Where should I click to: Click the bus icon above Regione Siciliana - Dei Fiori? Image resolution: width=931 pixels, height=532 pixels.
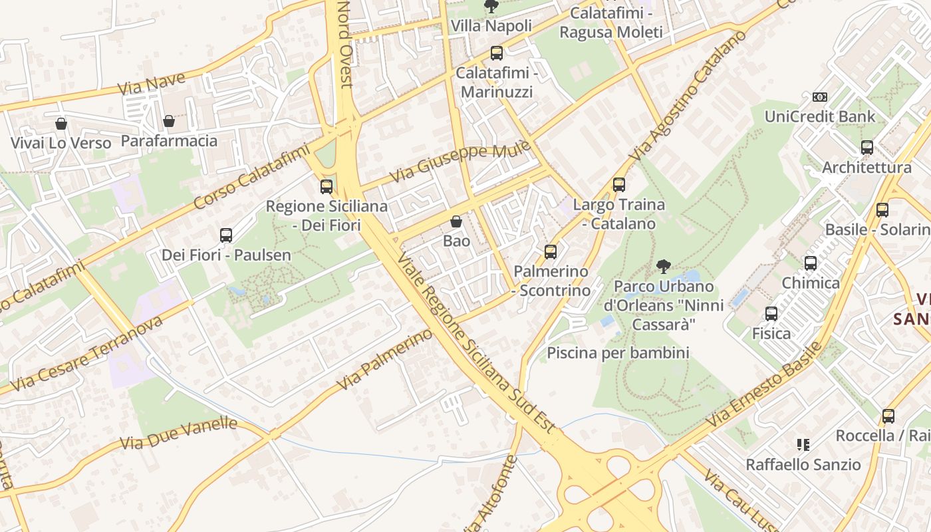point(326,187)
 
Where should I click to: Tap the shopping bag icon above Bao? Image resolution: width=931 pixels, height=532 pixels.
point(456,221)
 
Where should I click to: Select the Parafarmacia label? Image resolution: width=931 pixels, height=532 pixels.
point(169,141)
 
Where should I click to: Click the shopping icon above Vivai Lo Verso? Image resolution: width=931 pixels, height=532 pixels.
point(61,124)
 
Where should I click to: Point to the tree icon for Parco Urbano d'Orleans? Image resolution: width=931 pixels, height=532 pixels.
point(663,267)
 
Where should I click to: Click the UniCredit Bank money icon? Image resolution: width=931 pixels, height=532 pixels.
point(819,97)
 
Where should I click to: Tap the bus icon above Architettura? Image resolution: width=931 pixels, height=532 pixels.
point(866,148)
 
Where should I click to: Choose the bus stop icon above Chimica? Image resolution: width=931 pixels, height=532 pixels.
point(810,263)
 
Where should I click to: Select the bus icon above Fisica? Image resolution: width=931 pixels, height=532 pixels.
point(771,314)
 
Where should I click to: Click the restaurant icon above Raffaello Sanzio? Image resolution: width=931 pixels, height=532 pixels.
point(803,444)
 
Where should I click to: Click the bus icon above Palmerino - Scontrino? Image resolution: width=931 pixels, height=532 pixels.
point(550,252)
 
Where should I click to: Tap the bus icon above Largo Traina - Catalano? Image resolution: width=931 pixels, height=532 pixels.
point(618,185)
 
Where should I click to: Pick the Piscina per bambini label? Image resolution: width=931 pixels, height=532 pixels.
point(618,352)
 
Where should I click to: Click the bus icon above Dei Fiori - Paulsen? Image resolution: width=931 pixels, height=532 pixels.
point(225,235)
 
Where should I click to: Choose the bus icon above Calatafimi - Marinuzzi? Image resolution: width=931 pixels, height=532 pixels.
point(496,53)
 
